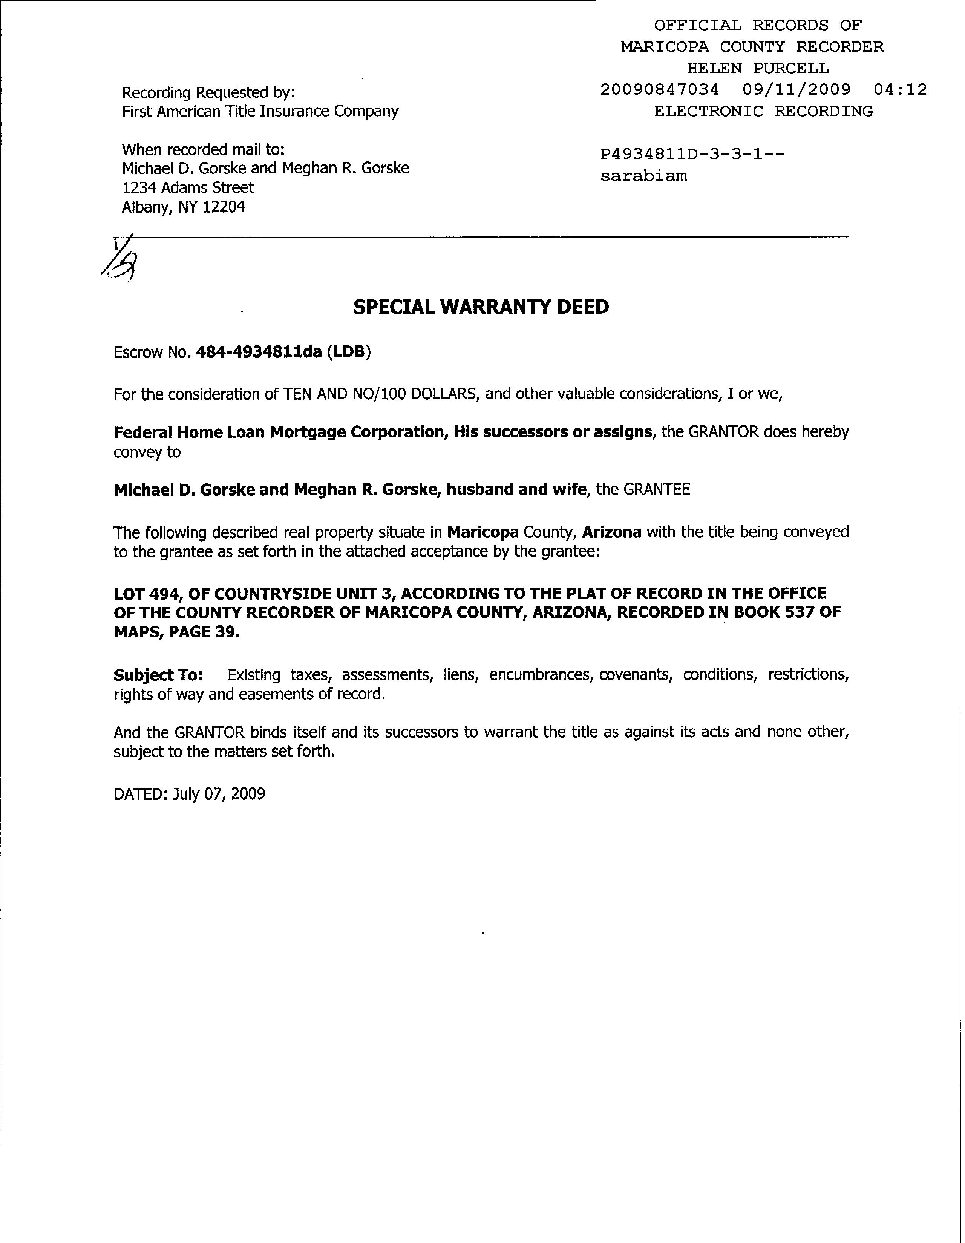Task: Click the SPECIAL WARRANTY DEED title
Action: pos(481,307)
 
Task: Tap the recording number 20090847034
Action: pos(659,89)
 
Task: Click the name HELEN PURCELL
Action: pos(758,68)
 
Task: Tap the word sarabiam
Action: pos(643,176)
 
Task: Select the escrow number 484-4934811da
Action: pos(258,352)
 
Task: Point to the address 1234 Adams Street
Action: pos(188,188)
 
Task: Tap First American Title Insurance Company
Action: pos(260,112)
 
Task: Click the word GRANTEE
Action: pos(657,490)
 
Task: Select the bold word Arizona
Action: pos(612,532)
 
